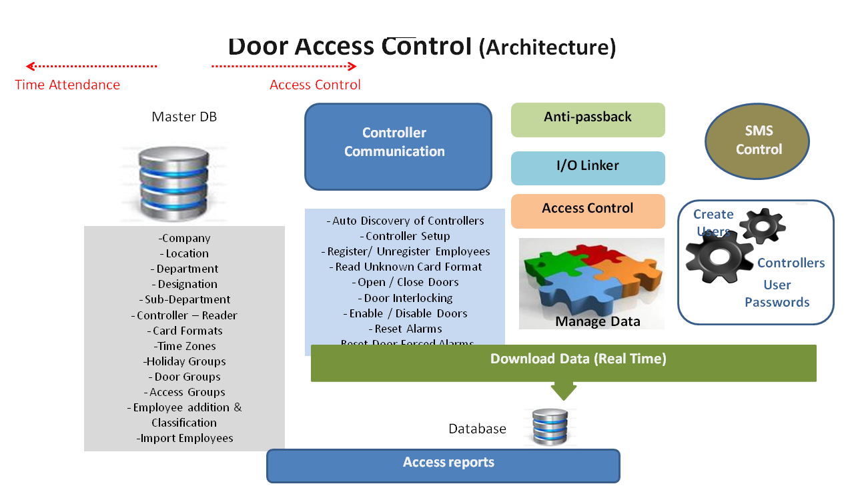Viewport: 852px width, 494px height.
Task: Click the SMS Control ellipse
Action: point(757,141)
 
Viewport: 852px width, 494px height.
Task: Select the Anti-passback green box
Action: point(588,119)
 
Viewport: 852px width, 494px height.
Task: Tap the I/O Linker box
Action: point(588,167)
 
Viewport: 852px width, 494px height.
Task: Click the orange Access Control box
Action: point(588,210)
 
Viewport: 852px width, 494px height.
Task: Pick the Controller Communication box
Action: point(398,146)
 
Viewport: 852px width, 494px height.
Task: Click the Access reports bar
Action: point(443,465)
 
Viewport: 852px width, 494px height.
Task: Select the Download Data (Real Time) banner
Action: point(564,362)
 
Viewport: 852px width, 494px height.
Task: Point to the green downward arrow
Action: point(564,390)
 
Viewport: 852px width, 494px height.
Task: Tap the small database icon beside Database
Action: point(550,427)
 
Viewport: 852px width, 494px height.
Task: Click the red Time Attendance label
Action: point(67,85)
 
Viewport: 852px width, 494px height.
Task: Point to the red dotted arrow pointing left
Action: point(91,66)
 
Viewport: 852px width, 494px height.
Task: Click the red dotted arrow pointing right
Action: point(284,66)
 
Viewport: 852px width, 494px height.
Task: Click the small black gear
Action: point(763,225)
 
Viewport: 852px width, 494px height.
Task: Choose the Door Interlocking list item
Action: point(405,298)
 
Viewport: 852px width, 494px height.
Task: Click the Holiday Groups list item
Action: point(185,361)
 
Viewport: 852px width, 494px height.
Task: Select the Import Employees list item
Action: point(185,438)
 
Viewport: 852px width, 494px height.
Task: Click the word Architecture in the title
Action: point(547,47)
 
